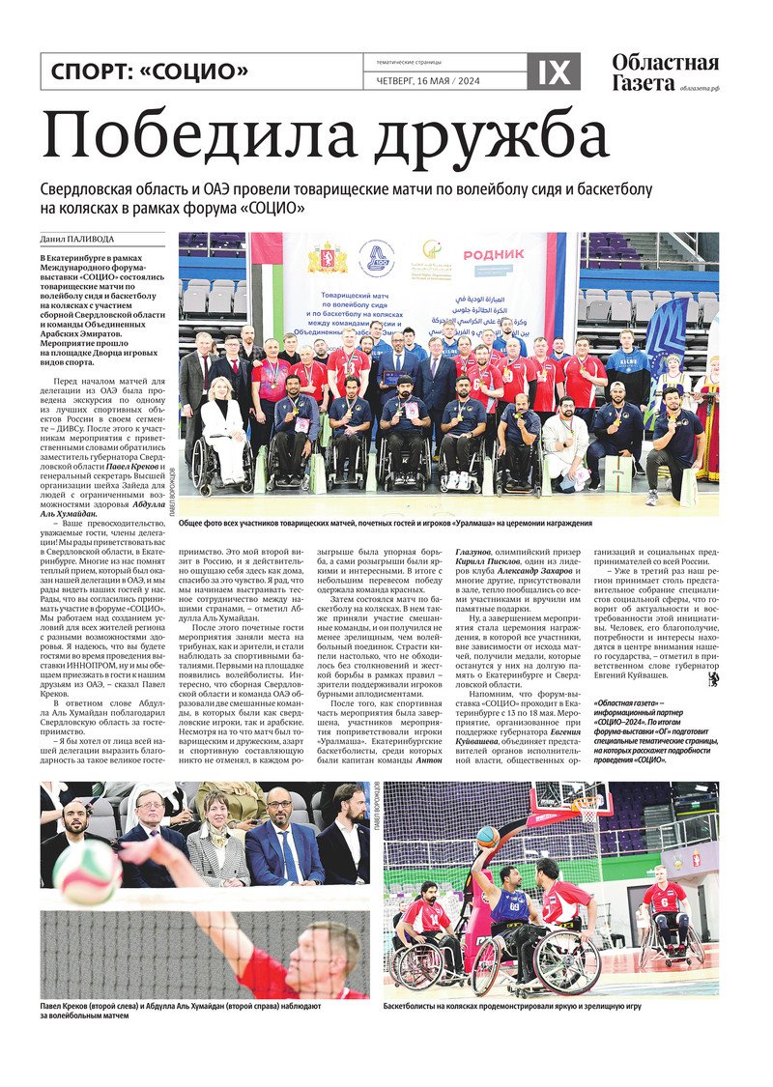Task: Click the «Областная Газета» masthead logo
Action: pos(665,72)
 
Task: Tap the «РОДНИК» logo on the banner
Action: pos(493,255)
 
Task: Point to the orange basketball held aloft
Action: pos(488,837)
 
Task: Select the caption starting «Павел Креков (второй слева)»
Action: pos(180,1011)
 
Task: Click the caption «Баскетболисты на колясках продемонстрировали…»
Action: pos(512,1006)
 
